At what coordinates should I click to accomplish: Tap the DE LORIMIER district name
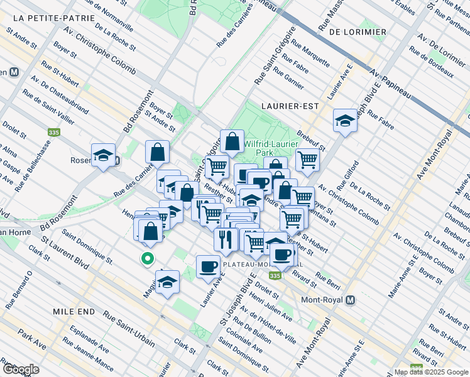point(357,31)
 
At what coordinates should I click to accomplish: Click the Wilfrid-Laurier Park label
point(267,148)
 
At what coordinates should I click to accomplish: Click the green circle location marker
point(148,258)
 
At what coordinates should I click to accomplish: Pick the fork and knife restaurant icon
point(225,239)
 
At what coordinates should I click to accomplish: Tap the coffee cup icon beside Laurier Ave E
point(208,266)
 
